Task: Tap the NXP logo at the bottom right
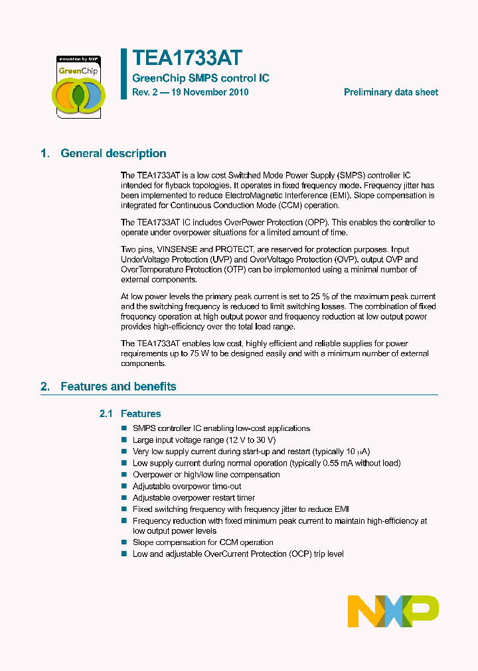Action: [x=393, y=611]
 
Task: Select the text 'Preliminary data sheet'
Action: [x=390, y=92]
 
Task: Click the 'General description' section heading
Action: [x=114, y=153]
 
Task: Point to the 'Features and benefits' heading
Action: [x=118, y=386]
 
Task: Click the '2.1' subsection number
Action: [x=106, y=414]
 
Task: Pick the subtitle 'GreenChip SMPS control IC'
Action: [x=200, y=78]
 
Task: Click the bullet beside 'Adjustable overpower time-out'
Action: [x=123, y=486]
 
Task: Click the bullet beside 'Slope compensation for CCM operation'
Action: [x=123, y=542]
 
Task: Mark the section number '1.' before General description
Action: [x=45, y=153]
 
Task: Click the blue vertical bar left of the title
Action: [x=123, y=74]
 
